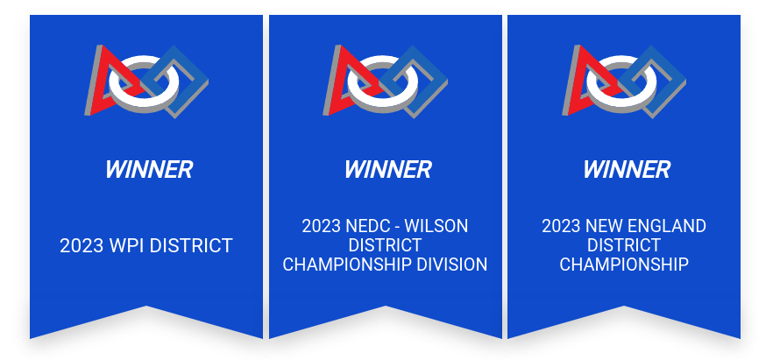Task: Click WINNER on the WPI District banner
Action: point(149,169)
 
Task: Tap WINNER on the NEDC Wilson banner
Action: point(388,169)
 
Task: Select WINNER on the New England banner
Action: point(627,169)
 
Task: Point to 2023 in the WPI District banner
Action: point(81,246)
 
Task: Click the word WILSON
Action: point(436,227)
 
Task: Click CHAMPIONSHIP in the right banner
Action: point(624,265)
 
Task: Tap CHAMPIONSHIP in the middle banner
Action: point(346,265)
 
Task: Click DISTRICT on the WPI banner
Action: point(191,246)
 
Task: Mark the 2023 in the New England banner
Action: point(563,227)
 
